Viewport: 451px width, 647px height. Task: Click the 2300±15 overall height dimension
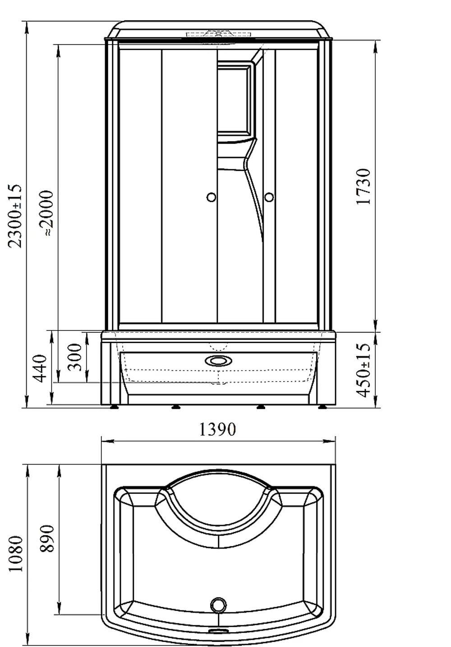pos(15,216)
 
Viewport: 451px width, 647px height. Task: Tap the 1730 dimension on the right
pos(363,187)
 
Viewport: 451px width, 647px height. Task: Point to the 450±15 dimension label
pos(363,370)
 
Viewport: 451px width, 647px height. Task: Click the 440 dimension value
pos(40,368)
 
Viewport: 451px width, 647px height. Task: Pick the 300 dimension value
pos(75,357)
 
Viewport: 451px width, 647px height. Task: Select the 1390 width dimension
pos(218,429)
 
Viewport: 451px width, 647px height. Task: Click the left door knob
pos(212,197)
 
